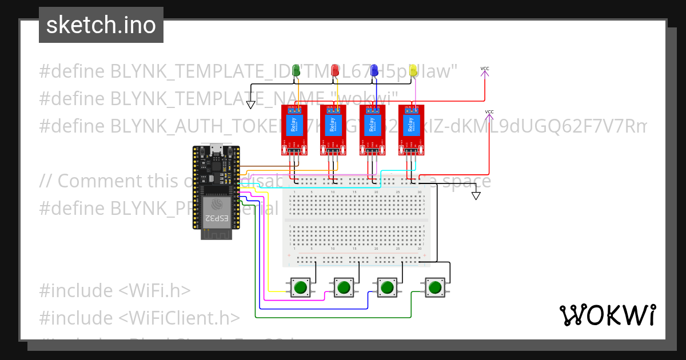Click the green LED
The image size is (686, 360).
click(x=296, y=70)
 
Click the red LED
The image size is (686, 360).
click(x=336, y=70)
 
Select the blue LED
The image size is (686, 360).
click(x=374, y=70)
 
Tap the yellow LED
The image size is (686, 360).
click(x=414, y=70)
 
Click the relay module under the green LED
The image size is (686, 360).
click(x=294, y=130)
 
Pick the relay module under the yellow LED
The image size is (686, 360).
click(x=412, y=130)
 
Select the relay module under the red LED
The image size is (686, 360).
click(x=333, y=130)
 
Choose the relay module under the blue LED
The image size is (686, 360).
click(x=373, y=130)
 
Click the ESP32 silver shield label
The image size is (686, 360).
click(x=216, y=211)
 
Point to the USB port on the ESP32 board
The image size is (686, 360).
click(x=216, y=150)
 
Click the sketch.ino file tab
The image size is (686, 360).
click(x=101, y=25)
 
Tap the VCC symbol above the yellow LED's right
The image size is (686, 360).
click(x=485, y=70)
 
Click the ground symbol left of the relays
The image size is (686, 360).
click(x=250, y=105)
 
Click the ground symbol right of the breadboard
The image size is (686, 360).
click(x=476, y=196)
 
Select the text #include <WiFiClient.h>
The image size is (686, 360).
click(x=139, y=318)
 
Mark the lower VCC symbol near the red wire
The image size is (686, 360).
click(x=489, y=113)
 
